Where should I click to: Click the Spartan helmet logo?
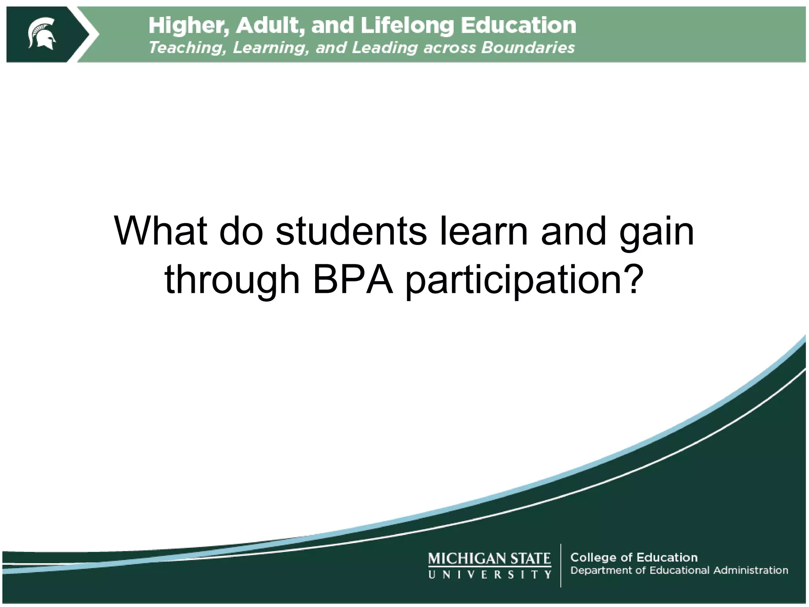pos(41,34)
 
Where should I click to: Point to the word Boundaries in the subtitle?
pos(528,48)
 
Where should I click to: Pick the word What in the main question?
pos(160,231)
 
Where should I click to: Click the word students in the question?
pos(351,231)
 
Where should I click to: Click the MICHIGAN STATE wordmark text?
pos(489,558)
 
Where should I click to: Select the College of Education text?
pos(634,557)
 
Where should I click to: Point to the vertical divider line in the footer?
pos(561,566)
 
